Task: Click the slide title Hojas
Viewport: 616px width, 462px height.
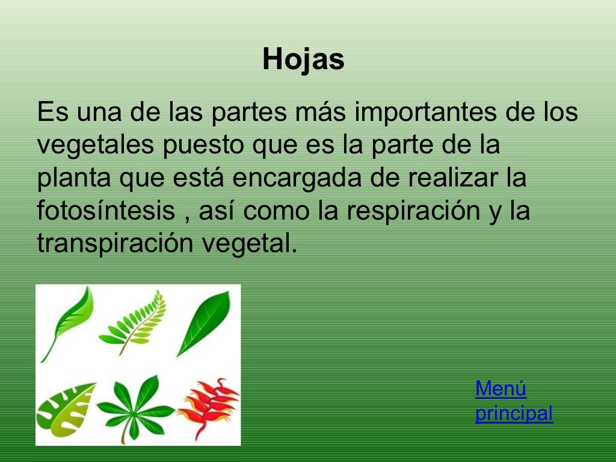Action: coord(303,60)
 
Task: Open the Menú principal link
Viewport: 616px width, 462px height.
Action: coord(513,401)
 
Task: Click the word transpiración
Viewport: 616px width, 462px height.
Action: coord(114,244)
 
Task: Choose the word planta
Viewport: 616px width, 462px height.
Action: coord(73,179)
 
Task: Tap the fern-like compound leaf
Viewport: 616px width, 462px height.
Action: coord(134,322)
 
